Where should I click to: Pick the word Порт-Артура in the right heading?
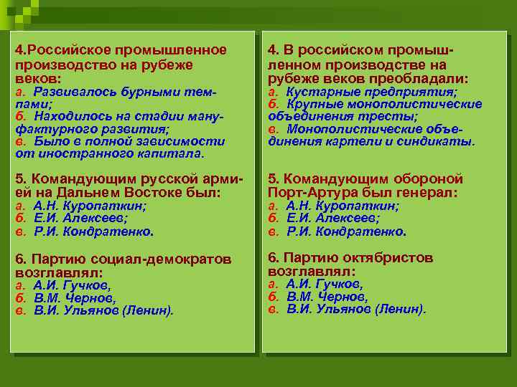coord(304,193)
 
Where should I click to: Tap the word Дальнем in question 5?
coord(98,193)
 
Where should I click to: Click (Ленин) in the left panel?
coord(149,311)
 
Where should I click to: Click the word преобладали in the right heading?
coord(425,78)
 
